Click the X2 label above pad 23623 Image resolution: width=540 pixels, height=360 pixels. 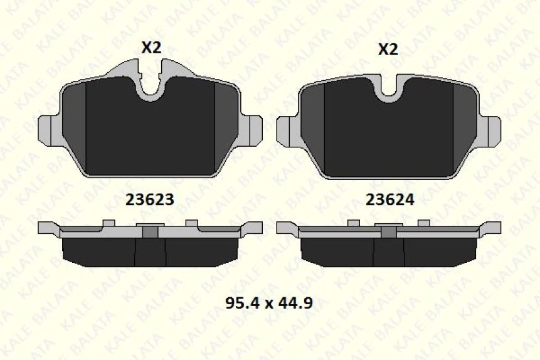point(151,48)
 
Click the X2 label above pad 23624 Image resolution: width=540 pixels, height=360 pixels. point(388,50)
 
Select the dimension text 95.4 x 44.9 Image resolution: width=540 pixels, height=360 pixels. point(268,304)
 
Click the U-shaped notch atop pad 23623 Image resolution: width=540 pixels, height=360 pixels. point(151,88)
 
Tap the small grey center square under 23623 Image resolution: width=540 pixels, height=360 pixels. point(151,231)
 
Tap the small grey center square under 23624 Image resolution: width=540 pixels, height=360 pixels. point(389,231)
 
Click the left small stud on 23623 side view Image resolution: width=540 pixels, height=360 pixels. point(109,223)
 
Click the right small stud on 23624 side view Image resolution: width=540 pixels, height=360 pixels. point(423,223)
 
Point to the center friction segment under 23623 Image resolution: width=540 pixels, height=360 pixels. point(151,253)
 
